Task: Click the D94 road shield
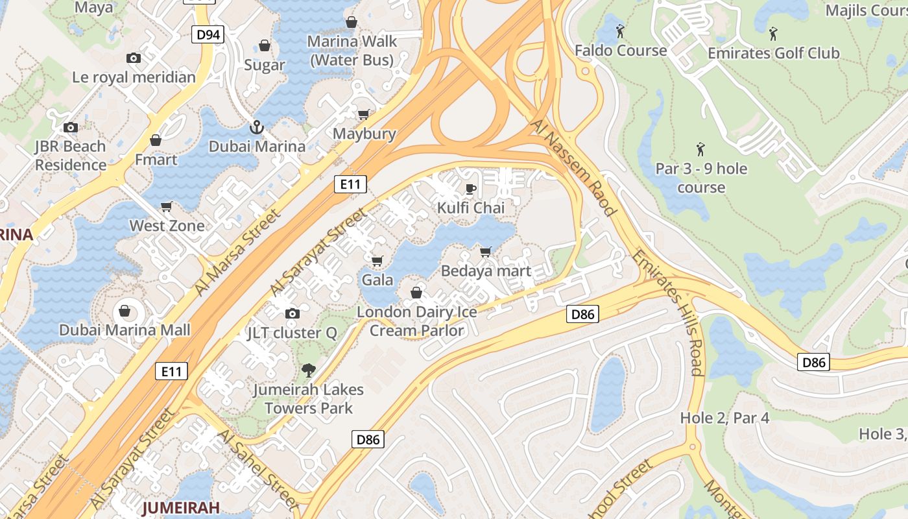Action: click(x=208, y=35)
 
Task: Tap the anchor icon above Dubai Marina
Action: click(x=257, y=127)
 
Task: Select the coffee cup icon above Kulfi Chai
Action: click(x=471, y=189)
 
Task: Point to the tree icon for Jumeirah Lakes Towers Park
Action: click(x=309, y=370)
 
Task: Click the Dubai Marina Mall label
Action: click(x=125, y=330)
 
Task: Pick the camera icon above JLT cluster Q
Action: click(x=293, y=314)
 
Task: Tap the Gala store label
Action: click(x=377, y=280)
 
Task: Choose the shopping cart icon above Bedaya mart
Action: click(x=486, y=252)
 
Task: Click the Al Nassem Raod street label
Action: click(x=573, y=167)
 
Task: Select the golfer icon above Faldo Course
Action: click(x=620, y=30)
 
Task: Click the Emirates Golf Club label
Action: click(x=773, y=53)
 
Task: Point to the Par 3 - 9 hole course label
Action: click(x=701, y=178)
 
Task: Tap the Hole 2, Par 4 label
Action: click(x=724, y=418)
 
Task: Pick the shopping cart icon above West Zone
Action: click(x=167, y=207)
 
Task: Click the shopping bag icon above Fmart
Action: click(x=156, y=140)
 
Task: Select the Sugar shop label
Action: click(x=265, y=65)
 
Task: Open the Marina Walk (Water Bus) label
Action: click(x=352, y=51)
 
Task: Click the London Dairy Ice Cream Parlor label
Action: click(x=416, y=321)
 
